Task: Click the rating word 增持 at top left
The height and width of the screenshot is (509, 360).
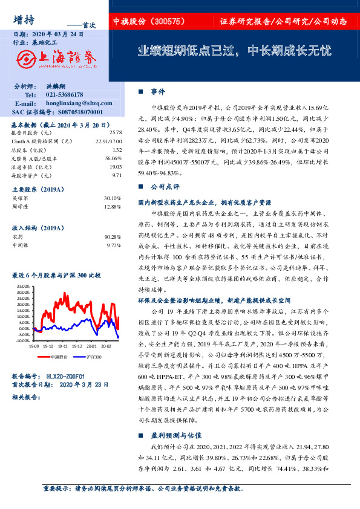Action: coord(22,19)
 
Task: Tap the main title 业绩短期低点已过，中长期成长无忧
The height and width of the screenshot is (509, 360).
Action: coord(235,51)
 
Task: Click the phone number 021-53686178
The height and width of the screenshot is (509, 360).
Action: coord(65,96)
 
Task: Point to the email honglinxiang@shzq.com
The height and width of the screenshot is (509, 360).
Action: coord(75,103)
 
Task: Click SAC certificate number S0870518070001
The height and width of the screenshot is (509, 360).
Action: coord(74,112)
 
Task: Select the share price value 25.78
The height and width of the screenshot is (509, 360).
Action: coord(115,132)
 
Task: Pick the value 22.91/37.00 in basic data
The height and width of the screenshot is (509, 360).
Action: coord(109,141)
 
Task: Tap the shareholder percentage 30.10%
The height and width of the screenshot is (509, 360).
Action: coord(113,198)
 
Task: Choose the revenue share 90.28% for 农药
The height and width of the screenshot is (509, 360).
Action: coord(113,238)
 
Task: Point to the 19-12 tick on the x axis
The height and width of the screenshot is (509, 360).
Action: coord(77,347)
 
